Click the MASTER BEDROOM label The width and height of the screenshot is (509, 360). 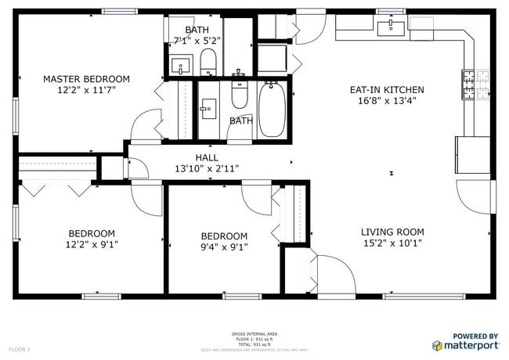coord(86,79)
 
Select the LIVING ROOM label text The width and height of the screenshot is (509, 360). coord(392,232)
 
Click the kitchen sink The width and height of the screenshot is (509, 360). coord(390,30)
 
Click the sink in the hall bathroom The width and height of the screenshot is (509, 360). coord(208,109)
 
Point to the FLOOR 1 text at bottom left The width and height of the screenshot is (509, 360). coord(20,348)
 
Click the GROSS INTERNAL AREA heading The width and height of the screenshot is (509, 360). coord(254,334)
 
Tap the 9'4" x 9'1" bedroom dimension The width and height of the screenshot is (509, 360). coord(224,247)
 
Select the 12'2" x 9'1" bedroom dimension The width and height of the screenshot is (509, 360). coord(92,244)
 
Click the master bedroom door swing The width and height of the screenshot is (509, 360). coord(146,128)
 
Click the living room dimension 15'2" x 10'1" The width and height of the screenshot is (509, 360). coord(392,243)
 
